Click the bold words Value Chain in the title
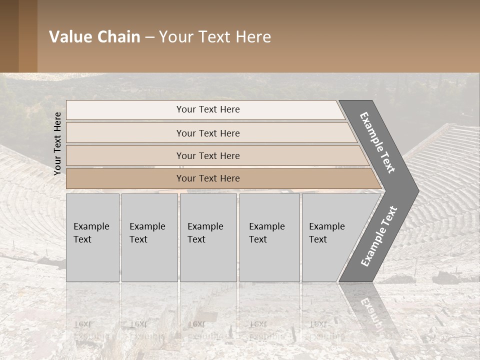94,37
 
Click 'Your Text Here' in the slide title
215,37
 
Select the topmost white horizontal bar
125,110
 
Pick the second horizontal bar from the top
125,133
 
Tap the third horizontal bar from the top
125,155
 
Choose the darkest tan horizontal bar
125,178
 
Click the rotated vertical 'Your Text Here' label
57,143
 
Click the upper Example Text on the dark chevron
377,142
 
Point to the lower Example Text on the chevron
379,236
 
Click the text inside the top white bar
208,109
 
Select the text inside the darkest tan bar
208,178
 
